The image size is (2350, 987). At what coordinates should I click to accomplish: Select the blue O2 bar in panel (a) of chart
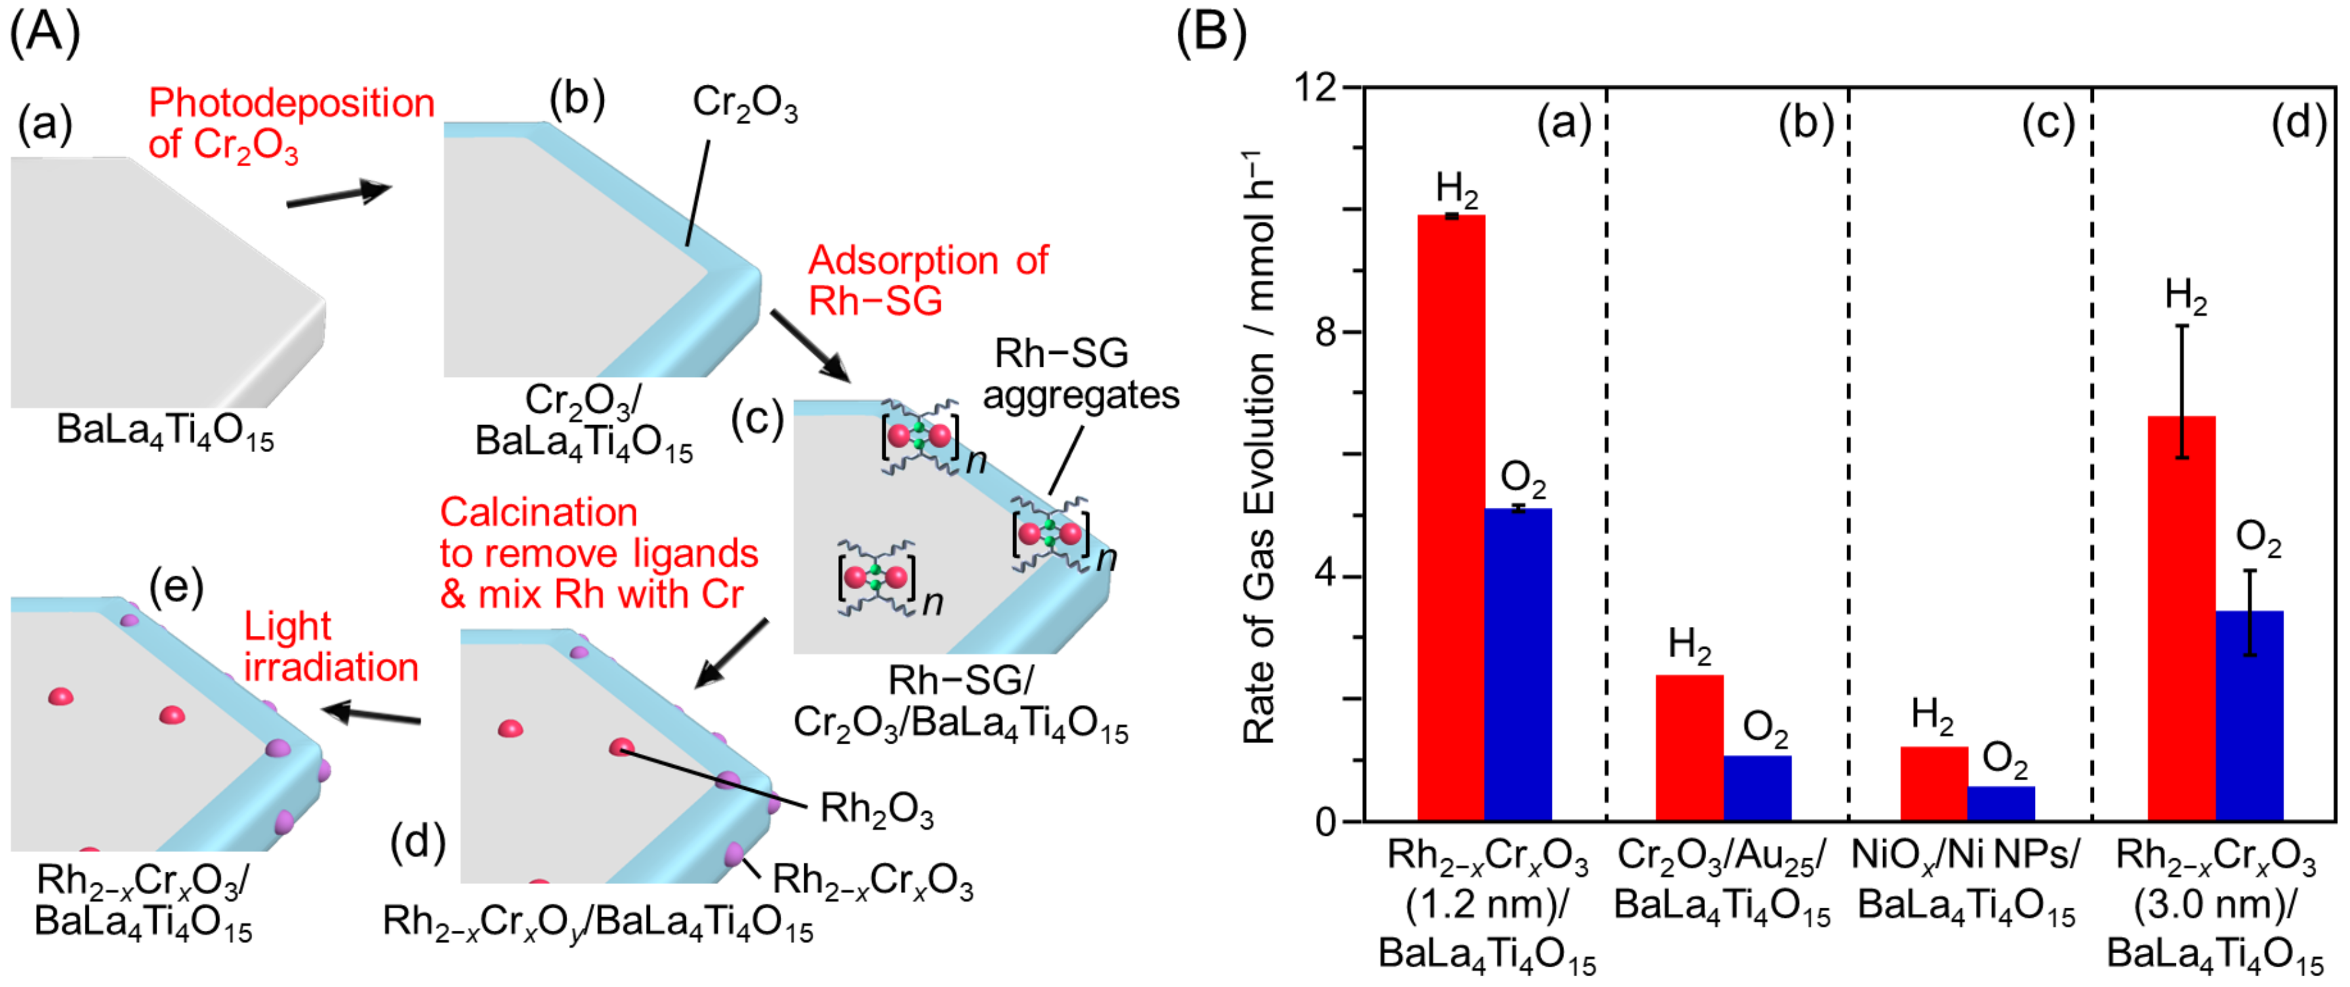1518,665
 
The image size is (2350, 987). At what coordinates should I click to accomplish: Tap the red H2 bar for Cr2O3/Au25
1689,748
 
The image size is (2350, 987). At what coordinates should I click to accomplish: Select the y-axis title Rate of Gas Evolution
1259,447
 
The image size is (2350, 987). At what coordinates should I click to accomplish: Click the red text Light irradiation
330,647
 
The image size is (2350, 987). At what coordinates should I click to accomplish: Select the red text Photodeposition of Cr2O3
290,123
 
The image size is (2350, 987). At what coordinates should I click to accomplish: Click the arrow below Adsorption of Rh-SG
809,345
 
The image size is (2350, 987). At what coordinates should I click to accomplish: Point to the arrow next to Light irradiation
374,714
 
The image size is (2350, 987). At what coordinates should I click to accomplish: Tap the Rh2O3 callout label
875,809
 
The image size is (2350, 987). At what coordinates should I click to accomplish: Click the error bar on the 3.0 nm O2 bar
2250,613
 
